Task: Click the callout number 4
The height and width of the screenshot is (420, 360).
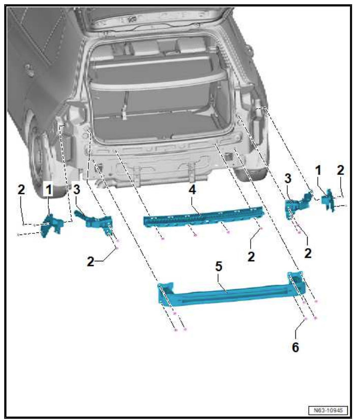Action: (x=192, y=190)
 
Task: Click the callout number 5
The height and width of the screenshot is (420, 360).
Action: (x=219, y=266)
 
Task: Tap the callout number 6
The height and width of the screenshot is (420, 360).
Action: (x=295, y=347)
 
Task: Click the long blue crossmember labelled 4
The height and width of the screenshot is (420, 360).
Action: (x=203, y=216)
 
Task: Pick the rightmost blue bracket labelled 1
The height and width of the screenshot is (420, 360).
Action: (x=328, y=200)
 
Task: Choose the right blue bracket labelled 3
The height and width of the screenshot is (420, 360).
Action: (x=297, y=203)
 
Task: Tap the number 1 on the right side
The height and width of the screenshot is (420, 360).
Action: (x=318, y=170)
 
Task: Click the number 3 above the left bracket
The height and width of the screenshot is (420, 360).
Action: (x=76, y=190)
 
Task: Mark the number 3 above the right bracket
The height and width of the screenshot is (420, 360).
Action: (x=288, y=178)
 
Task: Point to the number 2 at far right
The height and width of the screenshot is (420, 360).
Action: (x=340, y=170)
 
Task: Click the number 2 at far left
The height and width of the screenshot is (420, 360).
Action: (x=21, y=190)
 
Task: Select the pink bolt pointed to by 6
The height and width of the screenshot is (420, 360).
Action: (x=306, y=319)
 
